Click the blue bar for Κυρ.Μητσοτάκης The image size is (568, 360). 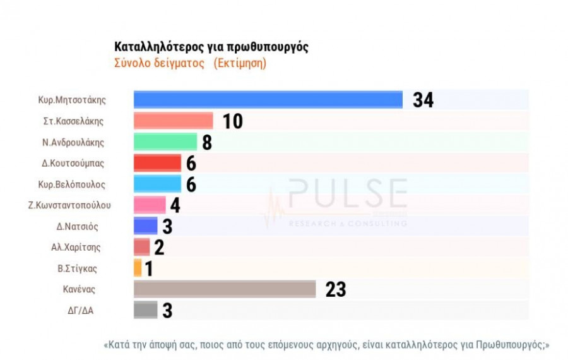click(268, 100)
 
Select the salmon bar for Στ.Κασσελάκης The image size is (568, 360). click(174, 121)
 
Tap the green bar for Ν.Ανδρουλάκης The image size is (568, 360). click(165, 142)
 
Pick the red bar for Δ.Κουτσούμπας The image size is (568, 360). click(158, 163)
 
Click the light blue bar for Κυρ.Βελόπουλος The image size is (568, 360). click(158, 184)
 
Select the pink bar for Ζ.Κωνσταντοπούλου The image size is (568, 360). click(150, 205)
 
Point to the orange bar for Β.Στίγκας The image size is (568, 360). click(138, 268)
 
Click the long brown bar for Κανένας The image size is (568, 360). click(225, 289)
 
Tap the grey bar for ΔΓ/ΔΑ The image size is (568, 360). click(146, 309)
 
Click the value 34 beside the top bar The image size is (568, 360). click(423, 100)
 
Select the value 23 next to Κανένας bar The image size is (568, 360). click(336, 289)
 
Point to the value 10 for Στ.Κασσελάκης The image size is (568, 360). click(233, 121)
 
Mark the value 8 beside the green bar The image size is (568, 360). click(206, 142)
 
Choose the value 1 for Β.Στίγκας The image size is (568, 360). click(149, 268)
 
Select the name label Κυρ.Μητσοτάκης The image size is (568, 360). click(71, 100)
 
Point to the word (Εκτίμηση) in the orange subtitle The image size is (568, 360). click(239, 64)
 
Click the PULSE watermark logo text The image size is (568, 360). click(347, 194)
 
